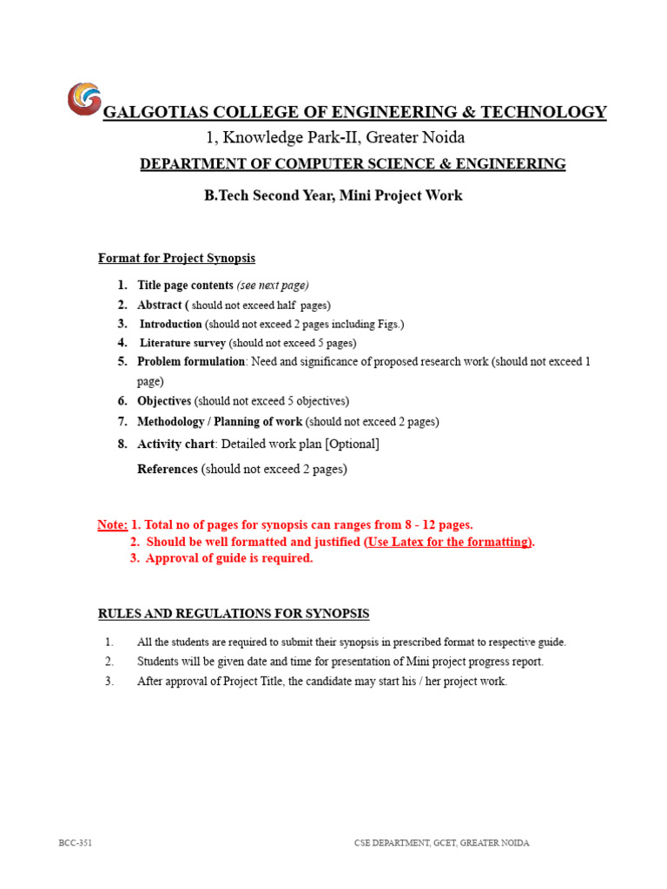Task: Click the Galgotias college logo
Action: coord(84,98)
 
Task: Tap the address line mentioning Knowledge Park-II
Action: coord(334,137)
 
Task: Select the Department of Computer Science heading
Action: coord(353,164)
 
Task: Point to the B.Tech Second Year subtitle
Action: coord(333,195)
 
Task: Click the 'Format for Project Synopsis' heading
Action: coord(176,259)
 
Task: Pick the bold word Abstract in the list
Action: coord(160,305)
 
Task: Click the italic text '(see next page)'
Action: coord(273,285)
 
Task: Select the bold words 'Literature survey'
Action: coord(182,343)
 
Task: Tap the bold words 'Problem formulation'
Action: coord(191,361)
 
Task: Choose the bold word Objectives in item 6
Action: coord(164,401)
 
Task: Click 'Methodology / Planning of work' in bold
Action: coord(220,422)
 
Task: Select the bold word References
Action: coord(168,470)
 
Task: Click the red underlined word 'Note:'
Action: coord(112,525)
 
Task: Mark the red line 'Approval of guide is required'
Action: coord(229,558)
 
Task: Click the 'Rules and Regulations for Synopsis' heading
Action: coord(233,615)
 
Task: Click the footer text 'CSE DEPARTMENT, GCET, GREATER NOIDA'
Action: coord(441,843)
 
